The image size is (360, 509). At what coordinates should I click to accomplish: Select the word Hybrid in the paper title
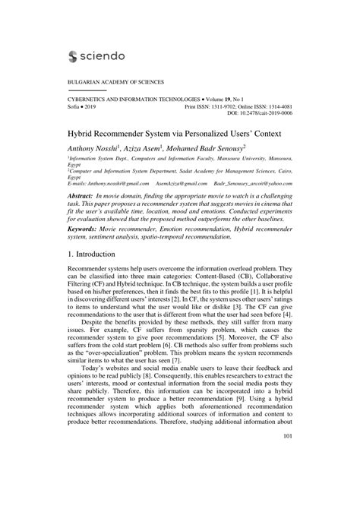(83, 131)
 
